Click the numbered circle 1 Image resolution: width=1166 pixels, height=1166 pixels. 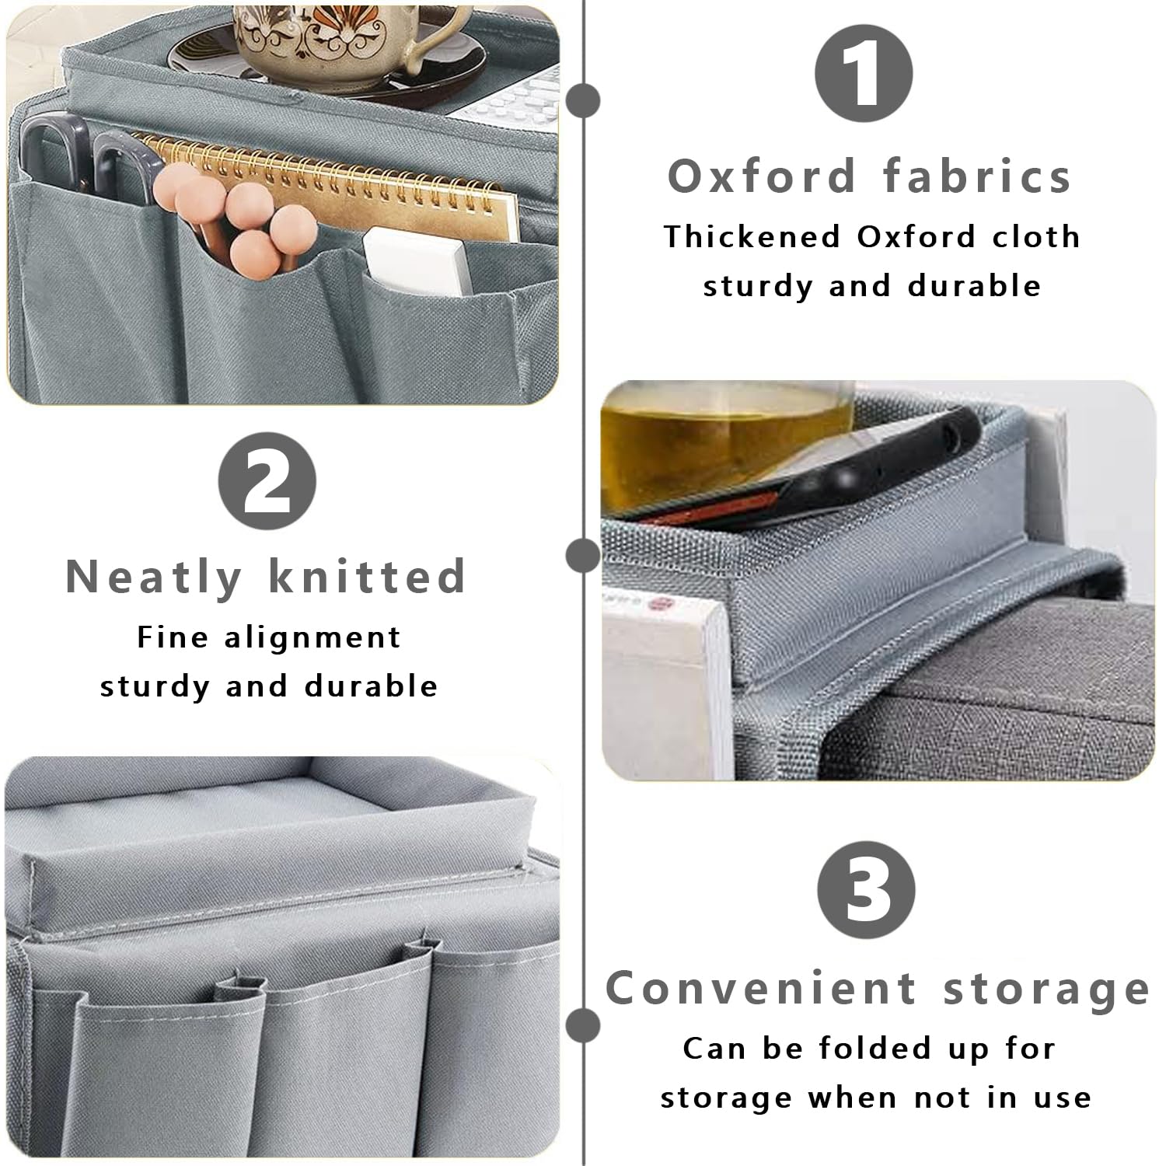point(863,75)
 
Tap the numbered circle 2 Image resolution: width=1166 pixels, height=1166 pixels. point(267,480)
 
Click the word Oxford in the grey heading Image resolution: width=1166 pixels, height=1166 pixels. point(761,176)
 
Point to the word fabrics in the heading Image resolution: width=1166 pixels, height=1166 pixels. point(978,176)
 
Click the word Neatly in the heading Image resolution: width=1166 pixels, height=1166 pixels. point(153,577)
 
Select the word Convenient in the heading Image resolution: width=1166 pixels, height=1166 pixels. point(761,988)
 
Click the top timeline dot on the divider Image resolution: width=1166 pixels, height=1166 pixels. point(583,100)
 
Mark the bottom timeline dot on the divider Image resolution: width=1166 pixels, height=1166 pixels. point(583,1025)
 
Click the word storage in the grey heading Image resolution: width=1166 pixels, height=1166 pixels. point(1046,990)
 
